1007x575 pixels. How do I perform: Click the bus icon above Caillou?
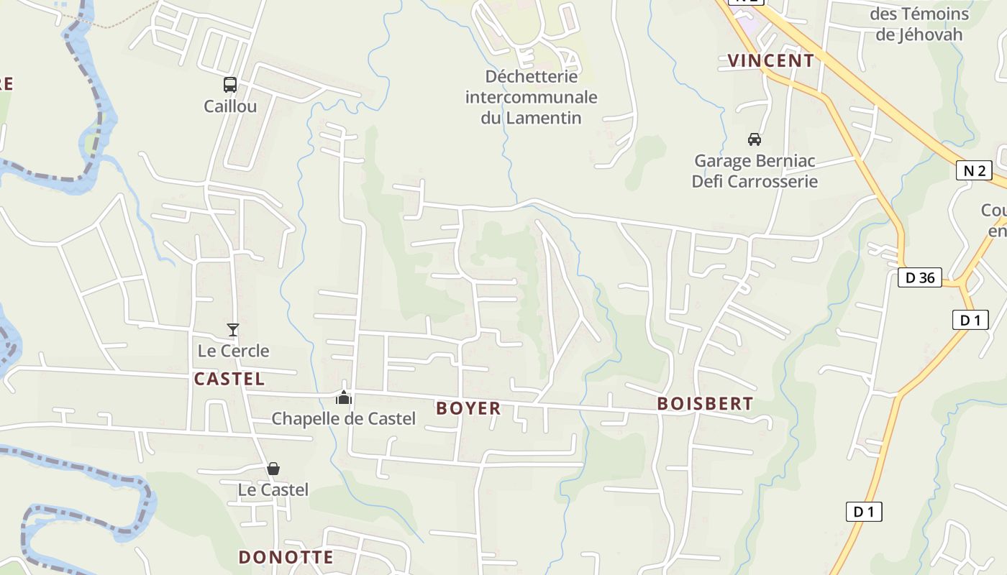[x=230, y=85]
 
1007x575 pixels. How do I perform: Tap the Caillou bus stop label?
[x=230, y=106]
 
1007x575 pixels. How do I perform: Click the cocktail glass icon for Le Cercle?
[x=233, y=330]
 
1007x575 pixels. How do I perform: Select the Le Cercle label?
[x=234, y=351]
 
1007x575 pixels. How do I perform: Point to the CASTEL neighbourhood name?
[x=229, y=379]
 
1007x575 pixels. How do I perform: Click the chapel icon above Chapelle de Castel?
[x=344, y=397]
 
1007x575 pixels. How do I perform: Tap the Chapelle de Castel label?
[x=344, y=418]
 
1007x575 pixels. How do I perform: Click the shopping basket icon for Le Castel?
[x=273, y=469]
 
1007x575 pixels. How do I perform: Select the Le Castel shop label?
[x=273, y=490]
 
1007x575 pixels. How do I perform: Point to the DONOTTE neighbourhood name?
[x=286, y=557]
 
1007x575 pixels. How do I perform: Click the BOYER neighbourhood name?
[x=468, y=408]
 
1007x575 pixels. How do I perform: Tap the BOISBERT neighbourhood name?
[x=705, y=404]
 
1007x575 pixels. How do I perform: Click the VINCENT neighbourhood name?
[x=771, y=60]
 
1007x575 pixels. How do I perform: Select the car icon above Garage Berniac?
[x=754, y=139]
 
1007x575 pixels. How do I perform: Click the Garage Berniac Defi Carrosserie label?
[x=755, y=171]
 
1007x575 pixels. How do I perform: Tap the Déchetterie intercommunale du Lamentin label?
[x=532, y=97]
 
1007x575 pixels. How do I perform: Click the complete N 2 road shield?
[x=974, y=170]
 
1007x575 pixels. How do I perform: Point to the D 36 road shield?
[x=920, y=277]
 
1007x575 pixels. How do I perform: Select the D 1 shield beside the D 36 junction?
[x=970, y=320]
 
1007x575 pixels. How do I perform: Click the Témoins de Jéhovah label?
[x=919, y=24]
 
